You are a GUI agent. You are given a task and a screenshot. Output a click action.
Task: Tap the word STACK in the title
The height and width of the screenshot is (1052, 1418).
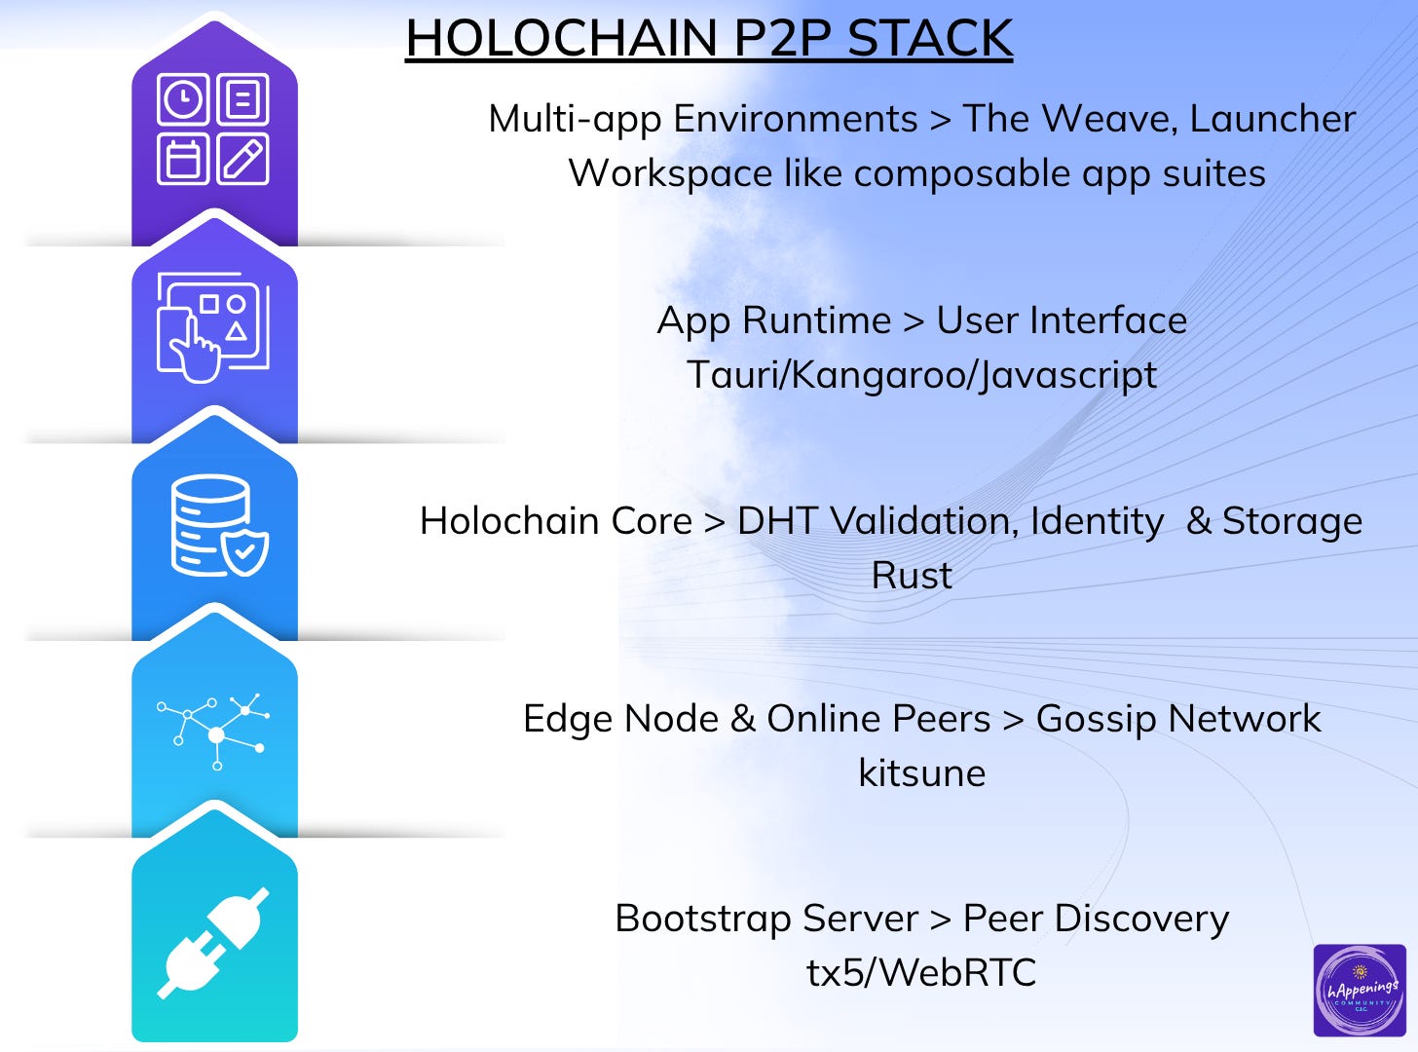pyautogui.click(x=930, y=39)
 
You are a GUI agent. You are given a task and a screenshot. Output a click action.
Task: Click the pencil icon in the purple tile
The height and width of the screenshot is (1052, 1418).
pyautogui.click(x=243, y=160)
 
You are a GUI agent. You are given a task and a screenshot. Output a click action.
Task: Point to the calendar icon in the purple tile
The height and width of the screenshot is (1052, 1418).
pyautogui.click(x=183, y=160)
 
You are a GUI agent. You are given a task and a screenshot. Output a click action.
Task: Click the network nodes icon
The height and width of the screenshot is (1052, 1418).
pyautogui.click(x=214, y=731)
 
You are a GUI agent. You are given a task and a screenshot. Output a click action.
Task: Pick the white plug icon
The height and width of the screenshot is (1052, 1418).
pyautogui.click(x=214, y=942)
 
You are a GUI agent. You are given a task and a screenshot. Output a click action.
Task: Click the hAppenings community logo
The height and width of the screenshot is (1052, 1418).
pyautogui.click(x=1360, y=990)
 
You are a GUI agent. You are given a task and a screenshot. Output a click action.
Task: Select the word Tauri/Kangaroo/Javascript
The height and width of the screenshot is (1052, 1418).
pyautogui.click(x=921, y=375)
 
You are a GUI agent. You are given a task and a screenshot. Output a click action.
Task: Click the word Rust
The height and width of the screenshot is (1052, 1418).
pyautogui.click(x=912, y=576)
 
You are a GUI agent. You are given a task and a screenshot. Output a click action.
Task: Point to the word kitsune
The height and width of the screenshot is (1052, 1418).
pyautogui.click(x=921, y=773)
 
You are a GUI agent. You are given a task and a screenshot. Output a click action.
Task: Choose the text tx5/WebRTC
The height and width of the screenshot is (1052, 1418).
pyautogui.click(x=921, y=972)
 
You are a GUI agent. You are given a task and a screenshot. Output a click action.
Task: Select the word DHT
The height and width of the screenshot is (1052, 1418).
pyautogui.click(x=776, y=521)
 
